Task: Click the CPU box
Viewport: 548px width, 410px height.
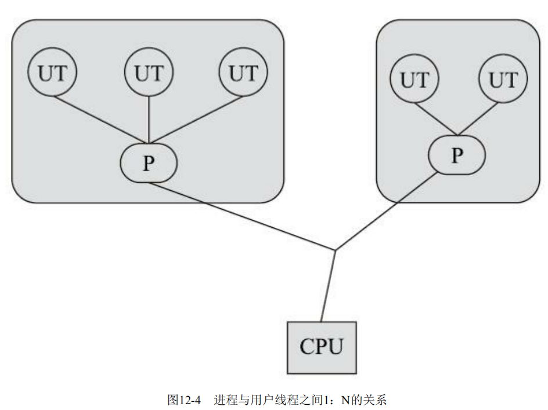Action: click(x=322, y=347)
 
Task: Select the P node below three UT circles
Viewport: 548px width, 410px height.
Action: click(x=149, y=164)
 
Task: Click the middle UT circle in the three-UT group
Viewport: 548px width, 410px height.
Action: click(x=149, y=73)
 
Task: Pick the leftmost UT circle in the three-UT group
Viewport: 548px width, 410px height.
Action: click(x=52, y=73)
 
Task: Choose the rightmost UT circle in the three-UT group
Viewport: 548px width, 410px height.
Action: click(x=243, y=73)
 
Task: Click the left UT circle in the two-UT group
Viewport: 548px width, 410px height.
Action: click(x=414, y=79)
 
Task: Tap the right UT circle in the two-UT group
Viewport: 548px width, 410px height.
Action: click(x=503, y=79)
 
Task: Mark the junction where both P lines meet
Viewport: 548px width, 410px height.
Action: click(x=335, y=251)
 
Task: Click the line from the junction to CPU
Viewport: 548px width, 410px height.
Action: click(x=328, y=286)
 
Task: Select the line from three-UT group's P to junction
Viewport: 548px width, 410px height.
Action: click(x=241, y=217)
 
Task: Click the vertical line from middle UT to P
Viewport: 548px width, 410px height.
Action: click(x=149, y=119)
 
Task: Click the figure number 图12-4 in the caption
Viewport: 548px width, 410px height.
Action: click(x=183, y=400)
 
